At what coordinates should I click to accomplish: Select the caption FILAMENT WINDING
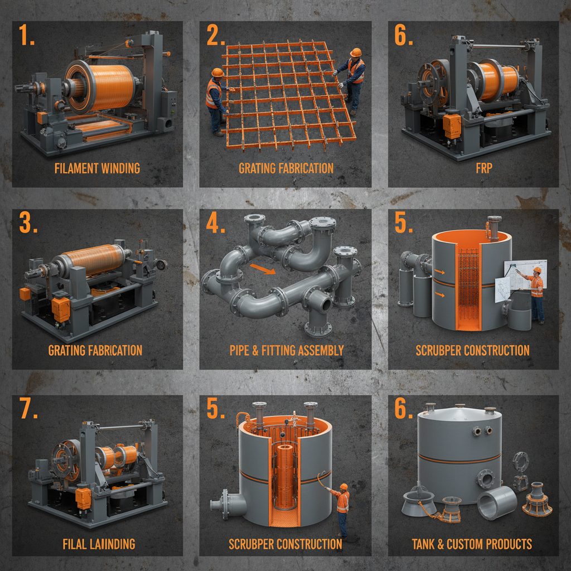[97, 168]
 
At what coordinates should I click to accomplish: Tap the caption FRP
[483, 168]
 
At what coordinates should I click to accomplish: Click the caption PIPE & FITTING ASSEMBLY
[287, 351]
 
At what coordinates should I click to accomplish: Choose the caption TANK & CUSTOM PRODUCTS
[472, 544]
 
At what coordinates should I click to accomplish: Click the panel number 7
[28, 409]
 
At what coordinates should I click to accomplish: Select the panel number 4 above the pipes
[215, 223]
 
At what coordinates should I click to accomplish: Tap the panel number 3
[28, 223]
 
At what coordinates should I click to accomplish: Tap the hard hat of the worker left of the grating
[217, 72]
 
